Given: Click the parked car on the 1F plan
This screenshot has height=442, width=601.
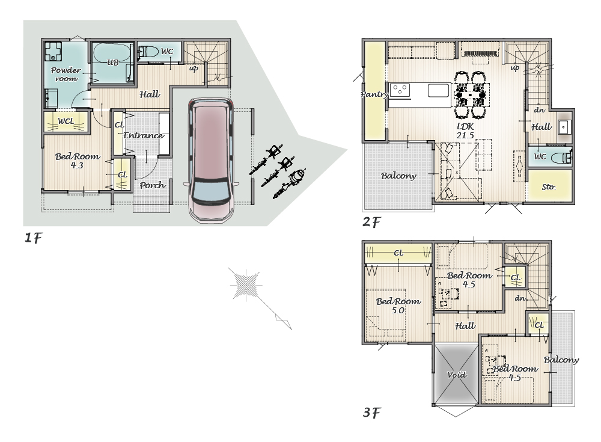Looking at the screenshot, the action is [210, 161].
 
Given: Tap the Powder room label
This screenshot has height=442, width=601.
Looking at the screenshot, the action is [66, 75].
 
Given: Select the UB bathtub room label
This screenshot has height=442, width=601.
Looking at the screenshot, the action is [112, 62].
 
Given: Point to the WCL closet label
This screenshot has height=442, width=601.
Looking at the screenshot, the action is [66, 121].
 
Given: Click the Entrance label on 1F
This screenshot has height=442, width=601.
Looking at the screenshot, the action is [144, 135].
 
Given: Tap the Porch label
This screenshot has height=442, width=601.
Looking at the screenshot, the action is [153, 185].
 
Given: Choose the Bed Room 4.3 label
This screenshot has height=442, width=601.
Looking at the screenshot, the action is [78, 161].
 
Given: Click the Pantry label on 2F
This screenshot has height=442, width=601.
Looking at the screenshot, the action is [374, 94].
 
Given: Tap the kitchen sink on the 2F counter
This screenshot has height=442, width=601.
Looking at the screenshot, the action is [439, 91].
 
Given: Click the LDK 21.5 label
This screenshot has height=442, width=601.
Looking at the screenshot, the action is [465, 131].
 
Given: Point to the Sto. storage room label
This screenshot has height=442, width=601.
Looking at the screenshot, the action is [549, 187].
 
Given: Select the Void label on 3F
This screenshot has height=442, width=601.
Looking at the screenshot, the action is [457, 375].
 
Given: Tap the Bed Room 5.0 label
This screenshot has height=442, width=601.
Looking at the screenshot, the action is [398, 306].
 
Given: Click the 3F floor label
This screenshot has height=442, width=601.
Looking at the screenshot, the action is [371, 413].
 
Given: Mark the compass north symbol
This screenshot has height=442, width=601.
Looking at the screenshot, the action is [246, 284].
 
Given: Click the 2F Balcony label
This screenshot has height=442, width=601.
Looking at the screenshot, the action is [398, 176].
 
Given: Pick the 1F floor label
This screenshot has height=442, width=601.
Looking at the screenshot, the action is [33, 238].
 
